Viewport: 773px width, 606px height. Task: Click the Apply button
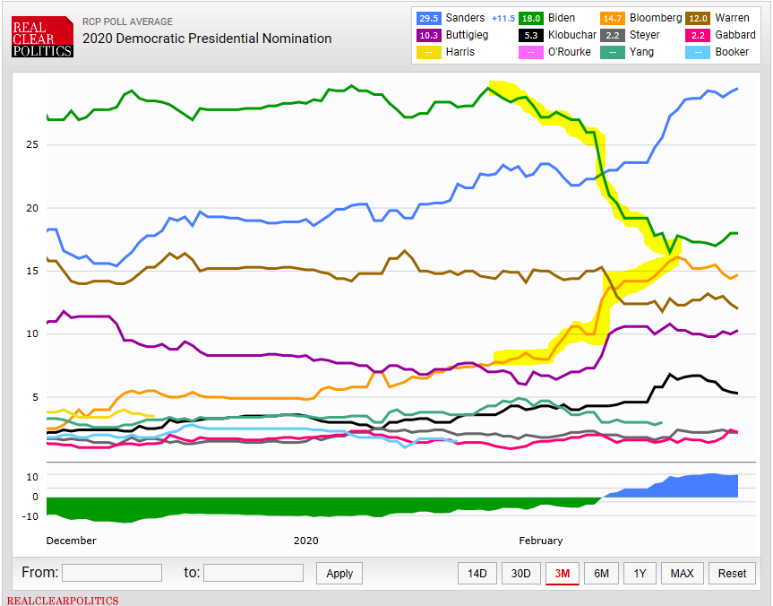(339, 574)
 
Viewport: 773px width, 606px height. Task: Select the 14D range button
(477, 574)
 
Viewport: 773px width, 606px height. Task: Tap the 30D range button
(520, 574)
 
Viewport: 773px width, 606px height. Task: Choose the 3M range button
(563, 574)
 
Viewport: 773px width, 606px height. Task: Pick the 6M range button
(601, 574)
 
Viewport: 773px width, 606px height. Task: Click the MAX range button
(682, 574)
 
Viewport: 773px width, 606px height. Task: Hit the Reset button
(732, 574)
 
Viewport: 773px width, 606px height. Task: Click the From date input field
(111, 573)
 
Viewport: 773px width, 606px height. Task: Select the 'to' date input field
(253, 573)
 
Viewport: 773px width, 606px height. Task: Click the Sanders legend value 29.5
(429, 18)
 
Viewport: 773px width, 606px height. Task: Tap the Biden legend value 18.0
(530, 18)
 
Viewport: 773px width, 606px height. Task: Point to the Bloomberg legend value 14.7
(613, 18)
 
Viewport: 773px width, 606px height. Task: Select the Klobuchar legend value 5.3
(530, 35)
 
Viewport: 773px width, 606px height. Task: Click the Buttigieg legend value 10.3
(429, 35)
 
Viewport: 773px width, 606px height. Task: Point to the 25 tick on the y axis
(30, 144)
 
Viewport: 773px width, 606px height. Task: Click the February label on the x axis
(541, 541)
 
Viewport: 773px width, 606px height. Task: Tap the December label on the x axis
(72, 541)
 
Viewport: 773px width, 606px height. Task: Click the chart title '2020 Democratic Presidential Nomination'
(207, 39)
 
